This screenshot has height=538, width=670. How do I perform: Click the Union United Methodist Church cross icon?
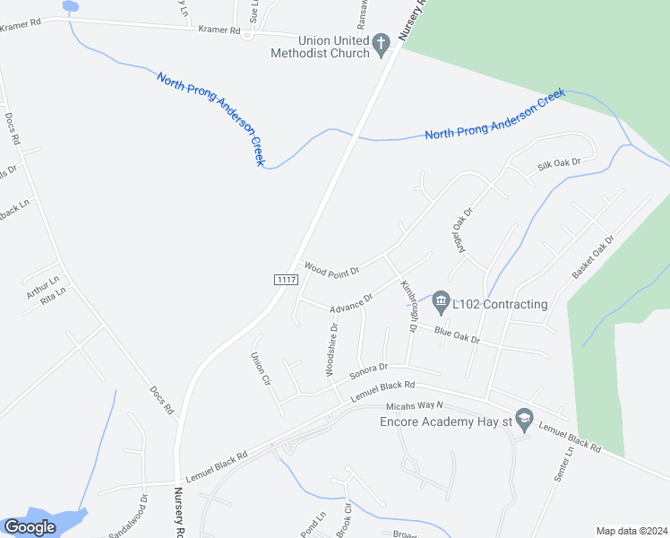381,42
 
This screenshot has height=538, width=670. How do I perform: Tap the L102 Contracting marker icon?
441,299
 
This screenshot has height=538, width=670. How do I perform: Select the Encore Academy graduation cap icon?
525,417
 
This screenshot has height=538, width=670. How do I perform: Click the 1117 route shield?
286,280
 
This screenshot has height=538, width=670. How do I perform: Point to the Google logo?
30,527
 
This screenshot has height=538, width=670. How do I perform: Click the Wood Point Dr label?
331,268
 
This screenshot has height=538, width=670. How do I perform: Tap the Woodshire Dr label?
331,349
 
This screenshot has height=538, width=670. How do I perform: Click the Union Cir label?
261,369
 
